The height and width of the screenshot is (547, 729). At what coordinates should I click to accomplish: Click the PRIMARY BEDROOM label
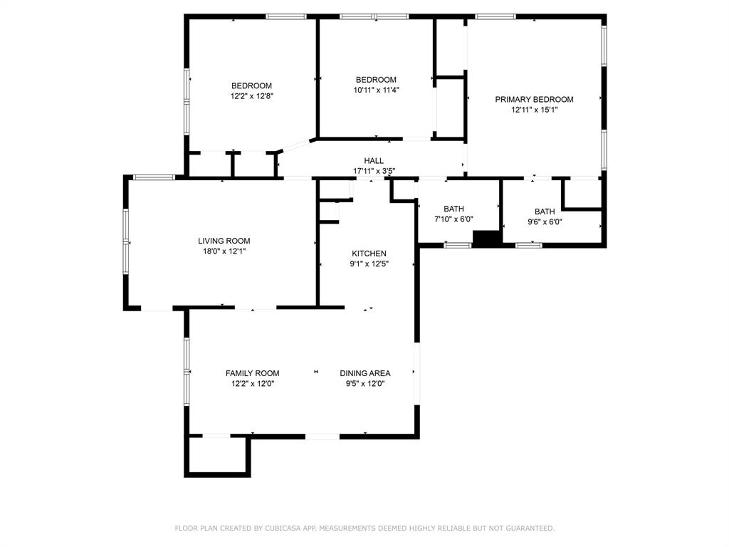coord(534,100)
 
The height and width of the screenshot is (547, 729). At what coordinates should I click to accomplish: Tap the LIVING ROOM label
coord(224,241)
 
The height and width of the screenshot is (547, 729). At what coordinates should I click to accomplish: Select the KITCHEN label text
coord(369,254)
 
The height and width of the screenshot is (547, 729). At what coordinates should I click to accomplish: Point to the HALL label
coord(374,161)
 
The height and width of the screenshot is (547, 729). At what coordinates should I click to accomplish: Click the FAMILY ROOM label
coord(253,373)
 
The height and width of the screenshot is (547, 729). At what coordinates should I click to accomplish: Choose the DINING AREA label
coord(365,373)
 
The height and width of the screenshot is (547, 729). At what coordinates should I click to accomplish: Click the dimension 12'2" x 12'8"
coord(251,96)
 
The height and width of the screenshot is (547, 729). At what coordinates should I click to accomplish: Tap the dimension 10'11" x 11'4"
coord(376,90)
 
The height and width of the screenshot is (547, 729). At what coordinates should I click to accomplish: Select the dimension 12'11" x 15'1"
coord(534,110)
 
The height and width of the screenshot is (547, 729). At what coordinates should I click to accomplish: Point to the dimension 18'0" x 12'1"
coord(224,251)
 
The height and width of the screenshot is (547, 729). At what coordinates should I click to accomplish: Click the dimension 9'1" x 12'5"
coord(369,264)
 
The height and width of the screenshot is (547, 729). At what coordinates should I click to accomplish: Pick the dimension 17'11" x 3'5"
coord(374,171)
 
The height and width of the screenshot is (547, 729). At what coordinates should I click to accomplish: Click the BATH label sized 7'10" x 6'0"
coord(453,209)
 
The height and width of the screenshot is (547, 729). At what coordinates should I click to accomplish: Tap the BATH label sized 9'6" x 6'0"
coord(545,212)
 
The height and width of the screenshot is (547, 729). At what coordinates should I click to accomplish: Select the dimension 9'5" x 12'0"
coord(365,384)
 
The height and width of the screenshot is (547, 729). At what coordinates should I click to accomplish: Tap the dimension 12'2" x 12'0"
coord(253,384)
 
